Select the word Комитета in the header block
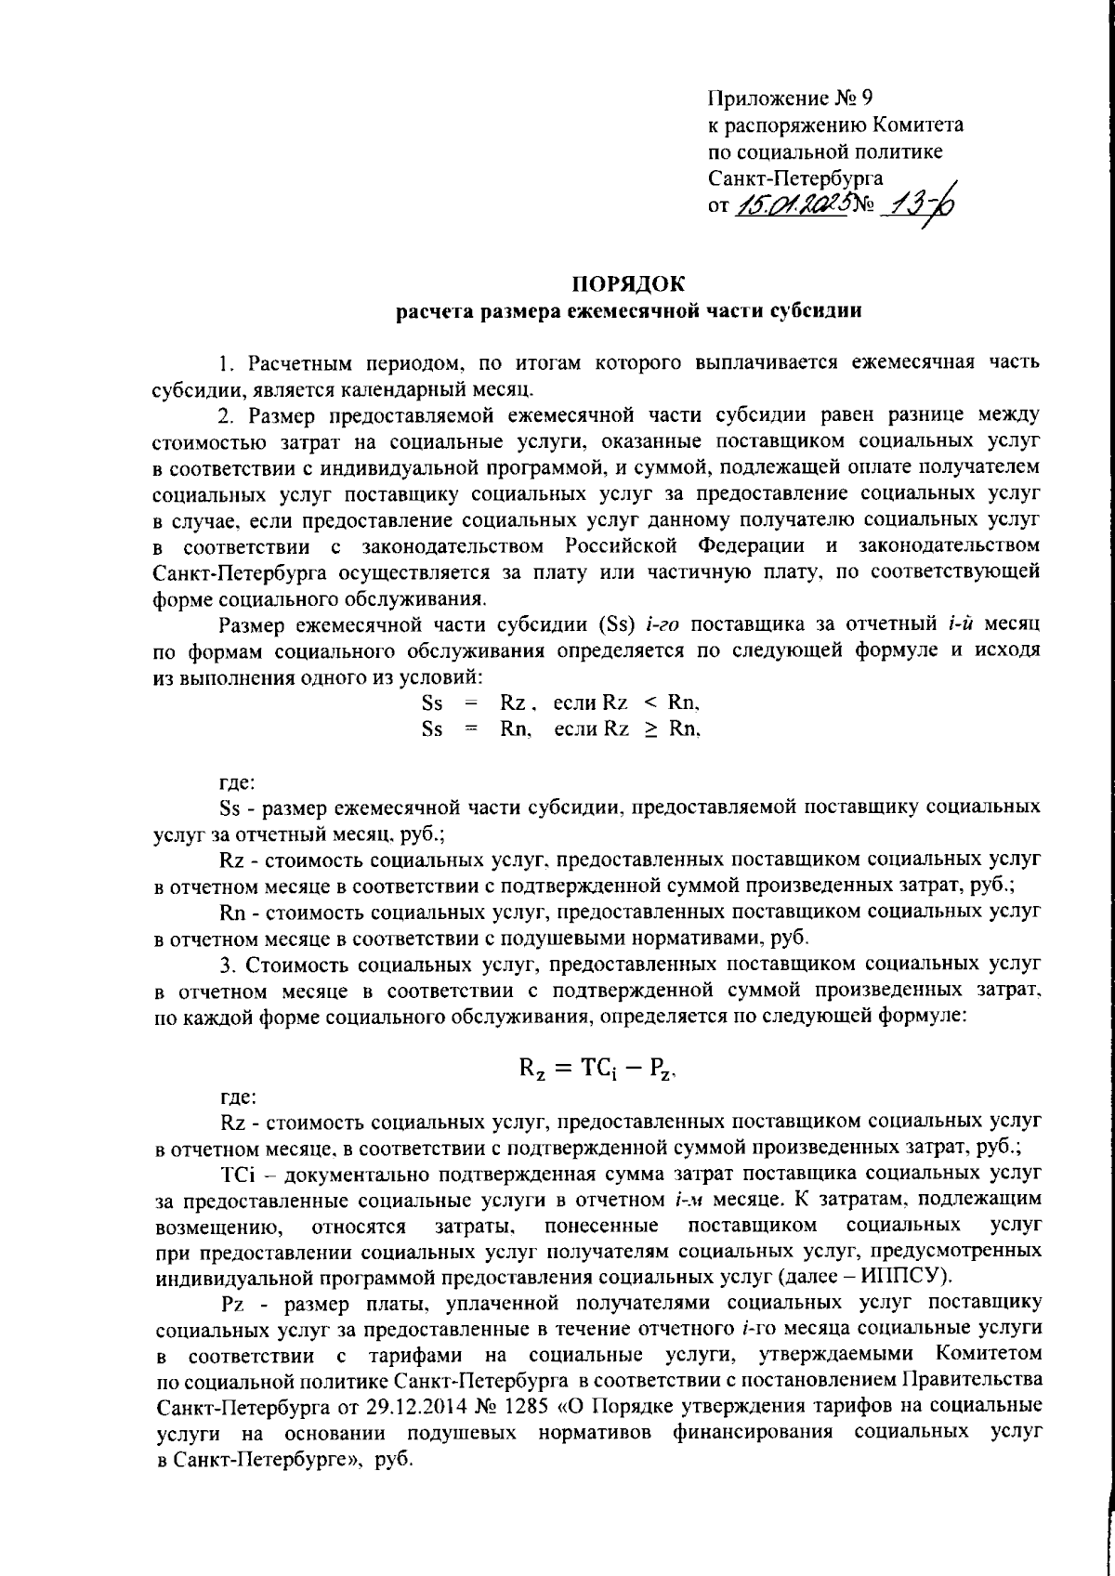pyautogui.click(x=916, y=125)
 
